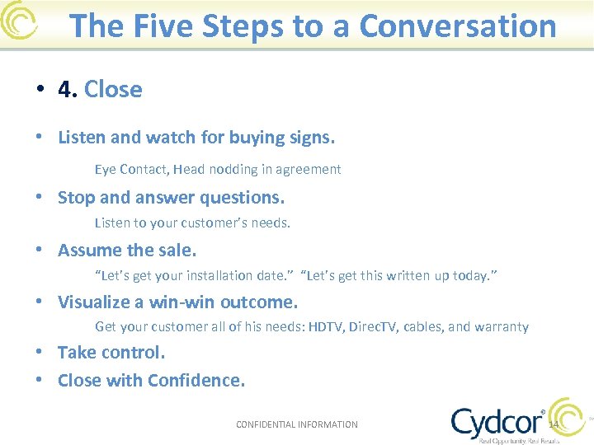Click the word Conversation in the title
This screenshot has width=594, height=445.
coord(458,26)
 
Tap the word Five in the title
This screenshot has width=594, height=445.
coord(159,26)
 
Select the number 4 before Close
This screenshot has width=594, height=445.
coord(66,89)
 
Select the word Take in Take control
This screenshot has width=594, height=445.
coord(75,353)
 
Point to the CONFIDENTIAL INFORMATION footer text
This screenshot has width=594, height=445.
coord(297,425)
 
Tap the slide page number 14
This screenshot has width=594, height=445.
coord(554,425)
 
